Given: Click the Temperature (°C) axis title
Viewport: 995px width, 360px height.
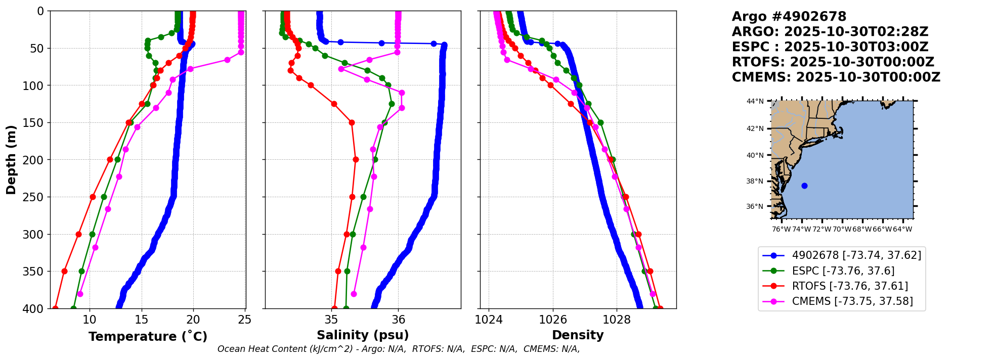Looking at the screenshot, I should (x=148, y=337).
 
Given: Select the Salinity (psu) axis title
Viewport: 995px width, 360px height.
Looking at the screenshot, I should (x=363, y=335).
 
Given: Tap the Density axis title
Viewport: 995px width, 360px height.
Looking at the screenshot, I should (x=578, y=335).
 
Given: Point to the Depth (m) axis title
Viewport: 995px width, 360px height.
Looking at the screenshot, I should (x=11, y=160).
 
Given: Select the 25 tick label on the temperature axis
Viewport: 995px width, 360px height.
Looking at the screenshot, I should (x=245, y=320).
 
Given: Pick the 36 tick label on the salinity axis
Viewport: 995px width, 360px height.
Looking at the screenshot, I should (x=399, y=320).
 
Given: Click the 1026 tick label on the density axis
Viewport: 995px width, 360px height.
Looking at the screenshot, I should (x=553, y=320).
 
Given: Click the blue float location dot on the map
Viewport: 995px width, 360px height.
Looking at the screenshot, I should (x=804, y=186).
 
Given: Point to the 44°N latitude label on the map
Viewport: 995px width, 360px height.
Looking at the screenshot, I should (x=755, y=101).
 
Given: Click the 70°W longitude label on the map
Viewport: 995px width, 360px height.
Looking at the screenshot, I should (x=842, y=230).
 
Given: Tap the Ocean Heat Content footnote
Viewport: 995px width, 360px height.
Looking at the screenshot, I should (x=399, y=349).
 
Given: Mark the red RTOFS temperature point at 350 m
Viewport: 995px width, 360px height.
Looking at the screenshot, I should (x=64, y=271).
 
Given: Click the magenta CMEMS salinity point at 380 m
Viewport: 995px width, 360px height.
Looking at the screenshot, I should (x=354, y=294).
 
